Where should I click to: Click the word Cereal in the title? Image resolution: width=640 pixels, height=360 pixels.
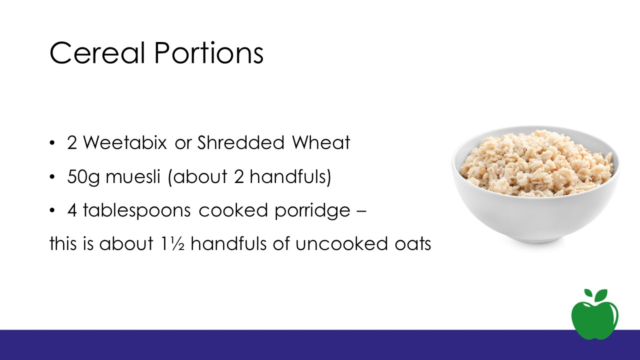tap(97, 53)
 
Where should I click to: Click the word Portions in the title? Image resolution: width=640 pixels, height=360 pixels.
tap(209, 53)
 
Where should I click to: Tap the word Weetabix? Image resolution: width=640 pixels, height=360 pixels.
tap(125, 142)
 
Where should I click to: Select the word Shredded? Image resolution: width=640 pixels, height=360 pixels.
tap(241, 142)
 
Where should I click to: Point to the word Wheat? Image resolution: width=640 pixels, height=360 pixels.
tap(321, 142)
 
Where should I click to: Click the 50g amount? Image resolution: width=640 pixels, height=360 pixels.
tap(83, 177)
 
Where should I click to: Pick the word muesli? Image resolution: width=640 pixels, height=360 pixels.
tap(133, 176)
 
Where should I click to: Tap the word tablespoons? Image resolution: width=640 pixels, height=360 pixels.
tap(136, 210)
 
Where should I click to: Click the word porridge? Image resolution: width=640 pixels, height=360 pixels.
tap(312, 210)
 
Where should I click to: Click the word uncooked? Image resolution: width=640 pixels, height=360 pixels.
tap(341, 243)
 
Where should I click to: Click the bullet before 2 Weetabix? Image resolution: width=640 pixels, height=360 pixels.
tap(51, 143)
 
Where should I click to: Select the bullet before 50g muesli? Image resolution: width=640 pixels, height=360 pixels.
tap(51, 177)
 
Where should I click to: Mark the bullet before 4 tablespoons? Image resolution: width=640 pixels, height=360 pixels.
tap(51, 211)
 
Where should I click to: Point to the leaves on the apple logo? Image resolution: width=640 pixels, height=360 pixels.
tap(595, 295)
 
